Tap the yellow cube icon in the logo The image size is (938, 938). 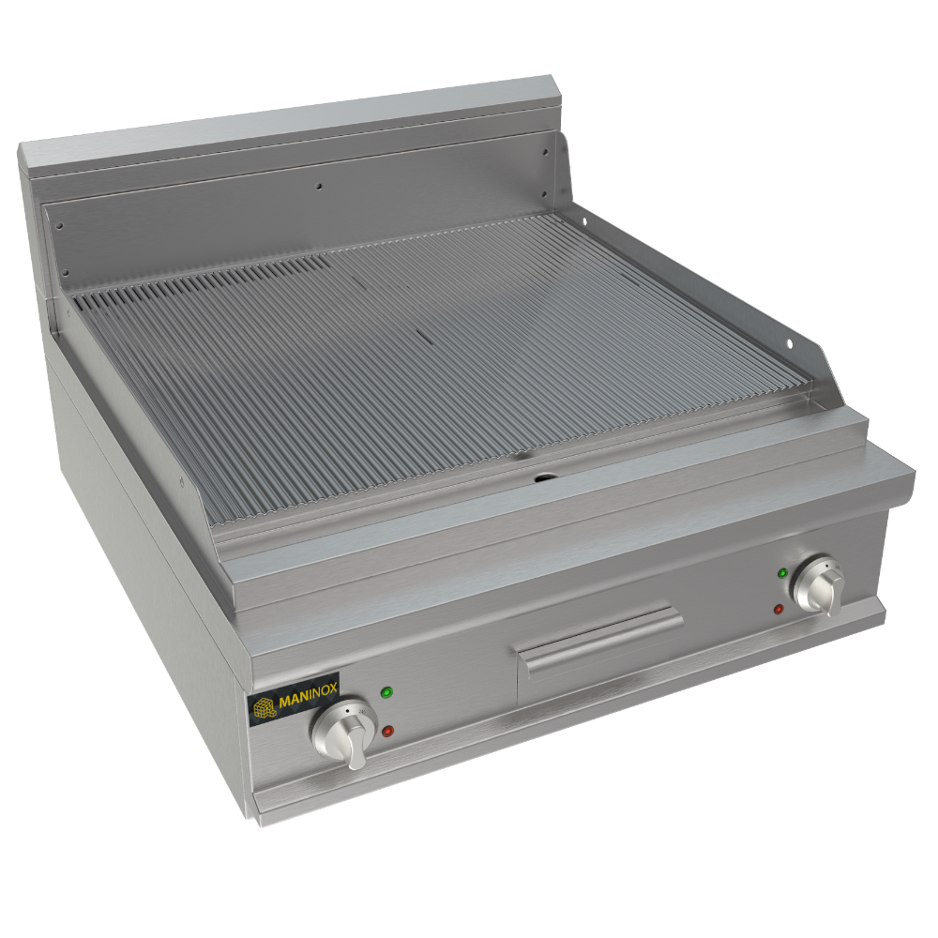(x=264, y=706)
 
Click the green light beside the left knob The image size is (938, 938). (x=386, y=693)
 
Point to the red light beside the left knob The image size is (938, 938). (x=386, y=730)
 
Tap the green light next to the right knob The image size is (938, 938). (x=782, y=571)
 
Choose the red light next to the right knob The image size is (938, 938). (x=779, y=610)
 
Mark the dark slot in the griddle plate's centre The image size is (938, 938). (x=422, y=333)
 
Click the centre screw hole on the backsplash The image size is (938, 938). (x=319, y=187)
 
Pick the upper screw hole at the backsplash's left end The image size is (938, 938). (x=58, y=225)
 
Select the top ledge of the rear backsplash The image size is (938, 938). (x=281, y=122)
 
